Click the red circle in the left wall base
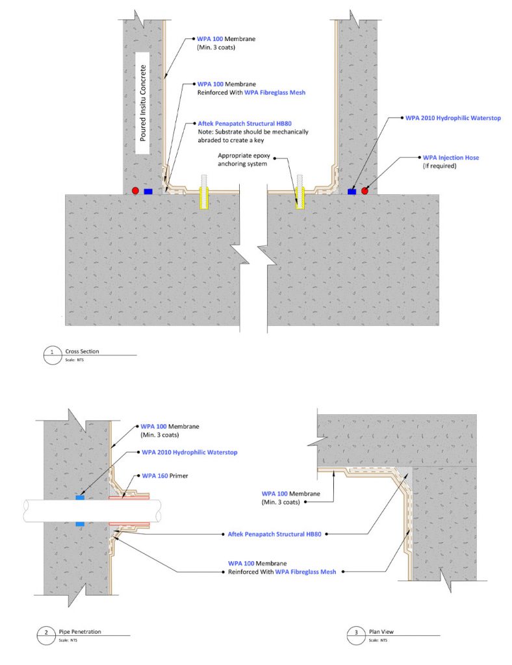[x=135, y=191]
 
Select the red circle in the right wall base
[x=365, y=191]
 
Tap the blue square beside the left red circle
[x=148, y=192]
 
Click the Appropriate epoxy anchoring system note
[x=248, y=160]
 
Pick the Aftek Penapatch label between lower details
[x=272, y=534]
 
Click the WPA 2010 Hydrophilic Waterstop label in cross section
[x=453, y=118]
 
